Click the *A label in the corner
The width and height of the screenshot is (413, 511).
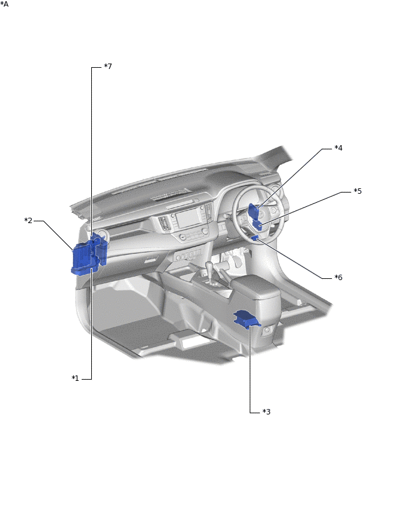point(4,4)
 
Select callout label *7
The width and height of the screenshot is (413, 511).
point(107,67)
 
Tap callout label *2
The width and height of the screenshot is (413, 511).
point(28,221)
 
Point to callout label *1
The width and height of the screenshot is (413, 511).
point(76,378)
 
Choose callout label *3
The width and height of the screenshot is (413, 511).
point(267,412)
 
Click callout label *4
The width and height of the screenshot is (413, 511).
point(339,148)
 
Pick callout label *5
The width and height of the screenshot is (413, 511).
point(358,191)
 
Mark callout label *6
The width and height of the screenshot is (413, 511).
point(339,277)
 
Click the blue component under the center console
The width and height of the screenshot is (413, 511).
point(247,318)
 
